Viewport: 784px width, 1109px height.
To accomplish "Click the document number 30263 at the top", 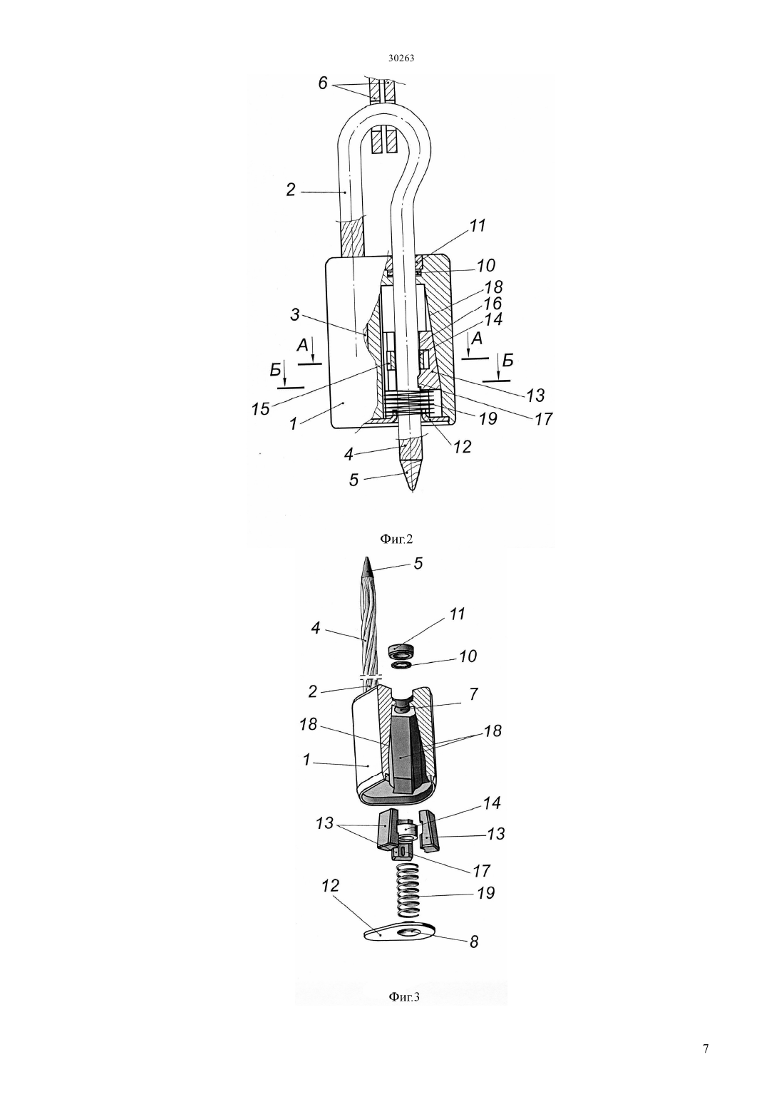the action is click(x=401, y=58).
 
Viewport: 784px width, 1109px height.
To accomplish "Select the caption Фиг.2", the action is click(x=396, y=539).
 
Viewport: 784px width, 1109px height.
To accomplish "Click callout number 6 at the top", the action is click(x=323, y=83).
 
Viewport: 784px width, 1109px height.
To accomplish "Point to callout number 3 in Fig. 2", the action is click(x=295, y=314).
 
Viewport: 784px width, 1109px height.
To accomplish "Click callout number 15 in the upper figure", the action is click(x=260, y=408).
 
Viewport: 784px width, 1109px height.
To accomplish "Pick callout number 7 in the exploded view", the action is click(x=473, y=694).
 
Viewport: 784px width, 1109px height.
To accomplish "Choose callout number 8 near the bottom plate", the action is click(x=474, y=942).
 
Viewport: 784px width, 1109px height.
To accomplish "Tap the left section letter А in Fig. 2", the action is click(x=303, y=346).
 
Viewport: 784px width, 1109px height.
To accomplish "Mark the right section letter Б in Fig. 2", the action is click(x=507, y=361).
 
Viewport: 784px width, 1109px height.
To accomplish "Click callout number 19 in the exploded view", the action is click(x=485, y=892).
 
